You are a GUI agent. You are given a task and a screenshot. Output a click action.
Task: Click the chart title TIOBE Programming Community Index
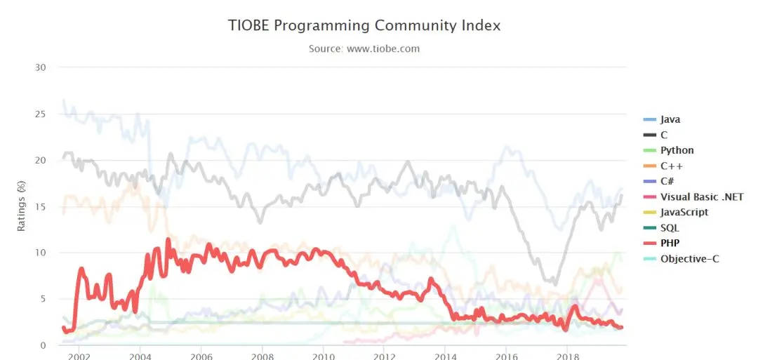pos(364,25)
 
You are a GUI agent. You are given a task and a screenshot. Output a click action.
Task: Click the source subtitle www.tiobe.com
pos(364,48)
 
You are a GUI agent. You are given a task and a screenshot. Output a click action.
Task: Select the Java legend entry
pos(670,119)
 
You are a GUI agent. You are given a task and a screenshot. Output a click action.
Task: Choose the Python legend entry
pos(677,150)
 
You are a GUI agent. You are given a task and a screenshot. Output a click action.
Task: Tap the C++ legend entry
pos(672,166)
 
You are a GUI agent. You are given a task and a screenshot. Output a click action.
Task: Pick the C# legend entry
pos(667,181)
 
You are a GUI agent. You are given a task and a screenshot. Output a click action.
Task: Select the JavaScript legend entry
pos(684,212)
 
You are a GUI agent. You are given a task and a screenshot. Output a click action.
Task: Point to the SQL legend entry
pos(670,228)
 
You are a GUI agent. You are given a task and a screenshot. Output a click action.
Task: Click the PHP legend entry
pos(670,243)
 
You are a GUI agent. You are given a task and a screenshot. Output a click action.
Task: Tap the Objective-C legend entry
pos(689,259)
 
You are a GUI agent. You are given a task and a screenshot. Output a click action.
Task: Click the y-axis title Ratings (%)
pos(22,206)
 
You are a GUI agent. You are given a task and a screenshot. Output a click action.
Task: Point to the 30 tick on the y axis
pos(41,67)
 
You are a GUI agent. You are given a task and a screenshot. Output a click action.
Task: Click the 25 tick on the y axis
pos(41,114)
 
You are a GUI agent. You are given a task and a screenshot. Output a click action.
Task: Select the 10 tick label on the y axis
pos(41,252)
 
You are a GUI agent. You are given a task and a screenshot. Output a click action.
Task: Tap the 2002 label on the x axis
pos(79,356)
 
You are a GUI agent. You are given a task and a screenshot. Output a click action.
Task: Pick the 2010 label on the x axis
pos(323,356)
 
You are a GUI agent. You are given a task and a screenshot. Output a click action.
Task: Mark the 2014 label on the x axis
pos(445,356)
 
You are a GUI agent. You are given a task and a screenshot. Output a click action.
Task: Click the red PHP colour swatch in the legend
pos(650,244)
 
